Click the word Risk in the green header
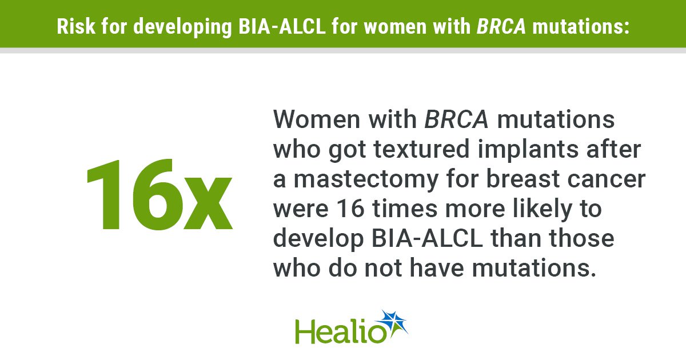click(76, 26)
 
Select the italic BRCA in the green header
click(501, 26)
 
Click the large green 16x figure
click(159, 194)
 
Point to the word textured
click(421, 149)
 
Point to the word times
click(404, 209)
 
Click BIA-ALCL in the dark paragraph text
click(427, 238)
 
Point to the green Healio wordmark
click(340, 331)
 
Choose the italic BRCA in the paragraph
click(456, 119)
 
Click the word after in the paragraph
click(614, 149)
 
